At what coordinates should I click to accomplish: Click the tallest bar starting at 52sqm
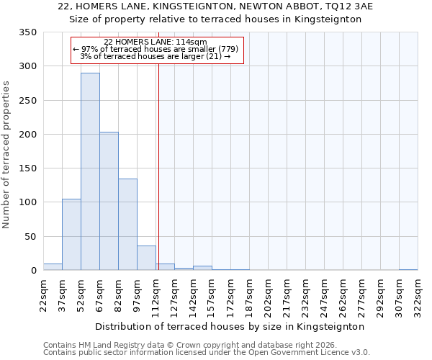pyautogui.click(x=90, y=171)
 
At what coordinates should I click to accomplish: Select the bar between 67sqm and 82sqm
pyautogui.click(x=109, y=201)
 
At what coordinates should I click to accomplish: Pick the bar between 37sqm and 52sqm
pyautogui.click(x=71, y=235)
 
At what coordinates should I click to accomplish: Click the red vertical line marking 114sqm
pyautogui.click(x=158, y=166)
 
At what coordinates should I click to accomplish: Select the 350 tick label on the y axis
pyautogui.click(x=27, y=32)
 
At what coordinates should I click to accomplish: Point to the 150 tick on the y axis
pyautogui.click(x=27, y=168)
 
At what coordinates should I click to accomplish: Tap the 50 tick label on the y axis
pyautogui.click(x=30, y=236)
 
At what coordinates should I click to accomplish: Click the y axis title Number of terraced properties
pyautogui.click(x=7, y=155)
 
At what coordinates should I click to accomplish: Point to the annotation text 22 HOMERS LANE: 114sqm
pyautogui.click(x=156, y=42)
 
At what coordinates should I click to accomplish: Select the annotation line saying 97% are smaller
pyautogui.click(x=156, y=49)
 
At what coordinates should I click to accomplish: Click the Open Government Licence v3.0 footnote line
pyautogui.click(x=206, y=352)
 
